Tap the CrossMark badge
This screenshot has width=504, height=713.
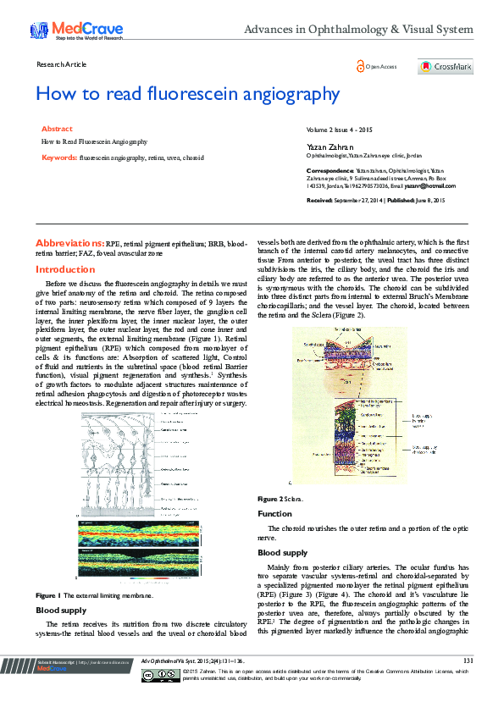[444, 67]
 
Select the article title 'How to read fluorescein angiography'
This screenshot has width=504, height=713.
[187, 94]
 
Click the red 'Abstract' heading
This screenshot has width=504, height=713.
[57, 129]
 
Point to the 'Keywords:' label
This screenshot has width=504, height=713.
[59, 158]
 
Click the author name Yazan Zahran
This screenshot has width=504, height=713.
[324, 145]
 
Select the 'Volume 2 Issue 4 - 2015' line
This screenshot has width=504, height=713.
[340, 129]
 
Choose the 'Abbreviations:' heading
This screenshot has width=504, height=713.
[70, 242]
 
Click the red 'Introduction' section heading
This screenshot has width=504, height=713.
[65, 269]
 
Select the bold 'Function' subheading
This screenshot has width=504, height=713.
[274, 514]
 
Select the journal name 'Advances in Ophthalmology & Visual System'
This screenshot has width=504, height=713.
[358, 30]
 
